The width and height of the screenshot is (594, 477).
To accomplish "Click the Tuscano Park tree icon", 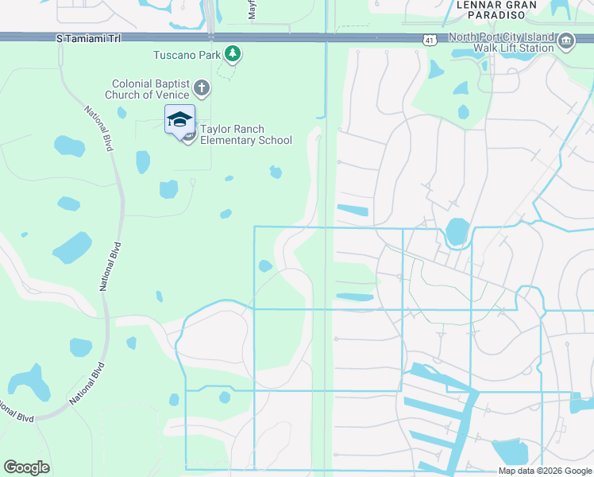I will pyautogui.click(x=233, y=54).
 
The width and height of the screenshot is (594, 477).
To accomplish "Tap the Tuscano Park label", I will pyautogui.click(x=187, y=55).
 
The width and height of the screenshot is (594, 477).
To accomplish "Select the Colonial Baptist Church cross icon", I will pyautogui.click(x=202, y=88).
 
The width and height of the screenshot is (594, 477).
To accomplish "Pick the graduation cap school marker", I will pyautogui.click(x=179, y=119).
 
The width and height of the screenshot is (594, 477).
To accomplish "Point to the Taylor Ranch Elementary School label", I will pyautogui.click(x=245, y=135).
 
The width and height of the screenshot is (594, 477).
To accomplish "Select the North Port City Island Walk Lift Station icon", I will pyautogui.click(x=565, y=42).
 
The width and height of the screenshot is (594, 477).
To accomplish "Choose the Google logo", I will pyautogui.click(x=26, y=467).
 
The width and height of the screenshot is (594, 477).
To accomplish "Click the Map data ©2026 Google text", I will pyautogui.click(x=544, y=471).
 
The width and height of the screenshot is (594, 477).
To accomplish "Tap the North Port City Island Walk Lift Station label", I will pyautogui.click(x=500, y=42).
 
